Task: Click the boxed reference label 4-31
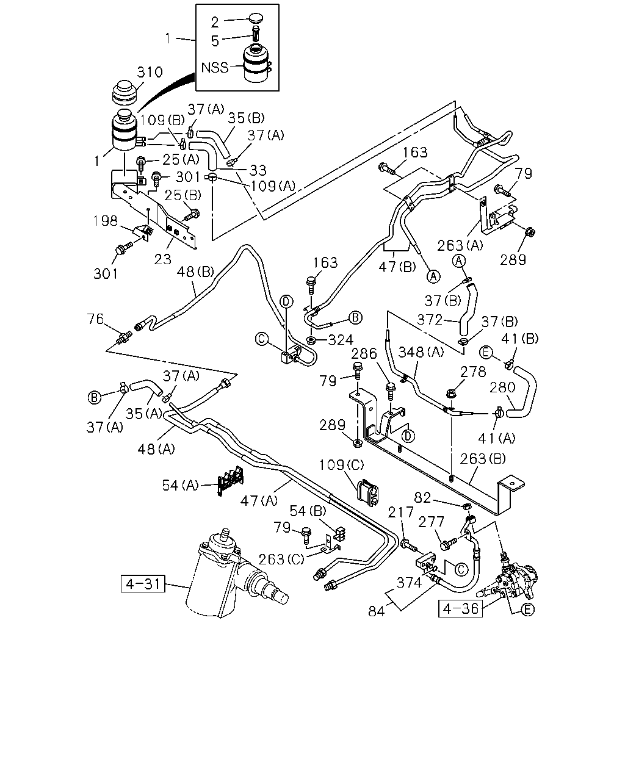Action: point(143,584)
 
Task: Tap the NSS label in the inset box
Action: point(215,68)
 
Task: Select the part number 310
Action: point(150,72)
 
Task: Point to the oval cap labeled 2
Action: point(256,18)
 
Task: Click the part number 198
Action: point(106,221)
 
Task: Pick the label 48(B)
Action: point(195,272)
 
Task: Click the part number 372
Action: point(430,320)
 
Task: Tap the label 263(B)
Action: point(483,459)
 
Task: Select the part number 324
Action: point(341,340)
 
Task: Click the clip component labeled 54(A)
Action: point(231,481)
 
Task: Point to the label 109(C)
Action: point(341,464)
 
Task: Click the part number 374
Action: point(409,583)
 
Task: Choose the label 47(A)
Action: point(259,501)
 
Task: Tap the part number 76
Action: point(95,319)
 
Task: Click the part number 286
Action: point(364,353)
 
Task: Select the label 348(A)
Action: point(421,351)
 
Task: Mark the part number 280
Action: point(502,387)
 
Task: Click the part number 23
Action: point(162,259)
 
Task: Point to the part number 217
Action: point(400,513)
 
